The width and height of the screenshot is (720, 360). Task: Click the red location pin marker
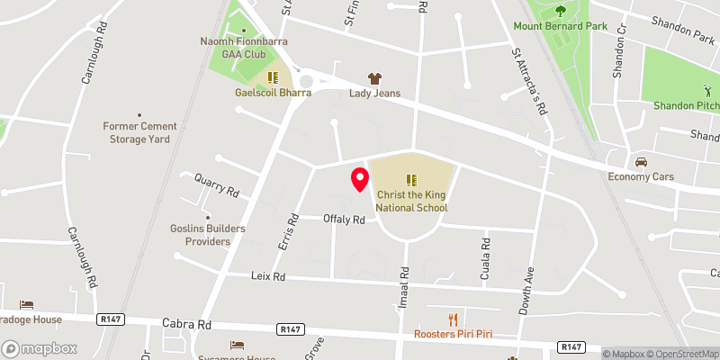tap(359, 179)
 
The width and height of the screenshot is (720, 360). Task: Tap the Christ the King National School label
tap(412, 201)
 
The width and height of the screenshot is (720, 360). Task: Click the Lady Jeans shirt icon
tap(375, 78)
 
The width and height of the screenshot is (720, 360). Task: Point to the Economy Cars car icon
tap(641, 162)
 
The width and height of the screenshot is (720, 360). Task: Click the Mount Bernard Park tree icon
tap(561, 12)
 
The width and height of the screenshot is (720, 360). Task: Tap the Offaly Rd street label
tap(345, 220)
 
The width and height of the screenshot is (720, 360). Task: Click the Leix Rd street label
tap(267, 276)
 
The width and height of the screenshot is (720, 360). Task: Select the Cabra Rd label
tap(186, 323)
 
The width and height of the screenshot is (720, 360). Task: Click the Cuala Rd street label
tap(485, 256)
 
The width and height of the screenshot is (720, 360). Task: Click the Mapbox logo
tap(40, 348)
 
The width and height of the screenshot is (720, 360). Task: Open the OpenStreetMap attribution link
tap(681, 354)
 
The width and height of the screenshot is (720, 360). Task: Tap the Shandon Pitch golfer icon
tap(706, 91)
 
